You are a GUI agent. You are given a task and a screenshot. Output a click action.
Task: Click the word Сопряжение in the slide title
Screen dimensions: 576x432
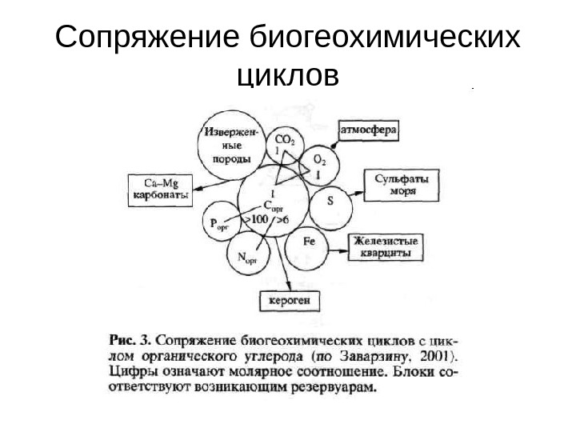pos(148,38)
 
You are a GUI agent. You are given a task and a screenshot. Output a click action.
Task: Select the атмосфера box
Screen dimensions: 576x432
pos(370,129)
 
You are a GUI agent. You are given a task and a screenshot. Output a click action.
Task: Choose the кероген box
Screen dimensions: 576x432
pos(289,301)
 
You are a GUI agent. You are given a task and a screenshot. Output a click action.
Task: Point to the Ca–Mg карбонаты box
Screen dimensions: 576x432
pos(160,187)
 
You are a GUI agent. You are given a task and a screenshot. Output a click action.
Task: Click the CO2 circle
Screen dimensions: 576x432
pos(283,145)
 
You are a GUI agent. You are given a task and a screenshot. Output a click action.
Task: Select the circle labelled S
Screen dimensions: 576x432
pos(330,206)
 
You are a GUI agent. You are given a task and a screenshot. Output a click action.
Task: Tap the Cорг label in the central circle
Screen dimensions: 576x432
pos(273,205)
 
